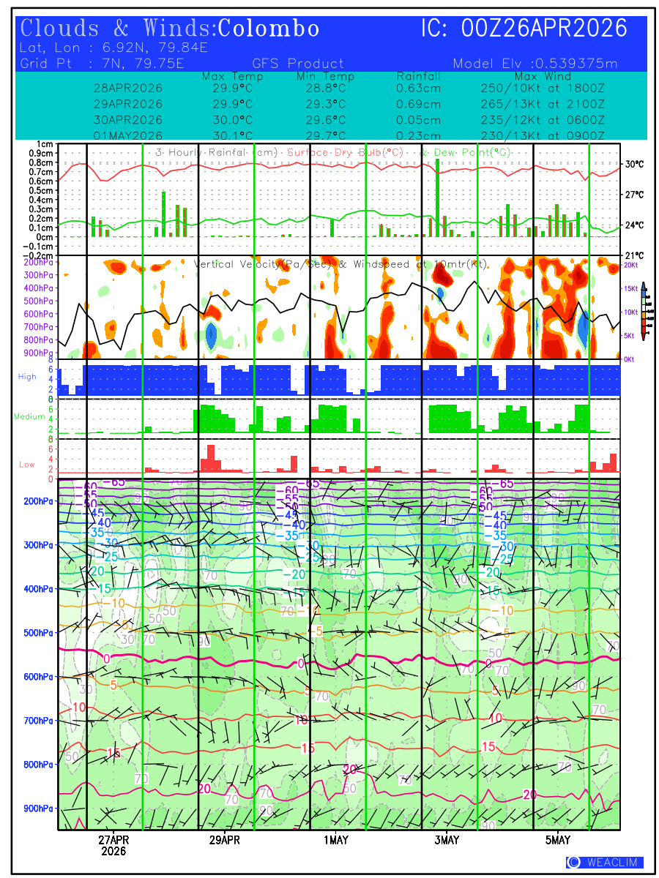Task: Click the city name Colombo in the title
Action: click(269, 29)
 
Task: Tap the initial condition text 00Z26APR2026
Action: click(544, 29)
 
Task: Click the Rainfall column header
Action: click(418, 76)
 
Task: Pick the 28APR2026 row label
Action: click(128, 88)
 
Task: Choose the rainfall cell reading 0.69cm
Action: click(418, 104)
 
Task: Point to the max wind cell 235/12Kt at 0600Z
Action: click(538, 120)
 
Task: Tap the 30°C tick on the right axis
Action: click(634, 165)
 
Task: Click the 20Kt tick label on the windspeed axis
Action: click(630, 265)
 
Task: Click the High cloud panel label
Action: click(27, 376)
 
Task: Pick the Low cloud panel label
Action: click(27, 465)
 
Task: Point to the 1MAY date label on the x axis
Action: click(335, 840)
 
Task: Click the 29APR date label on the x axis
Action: click(224, 840)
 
